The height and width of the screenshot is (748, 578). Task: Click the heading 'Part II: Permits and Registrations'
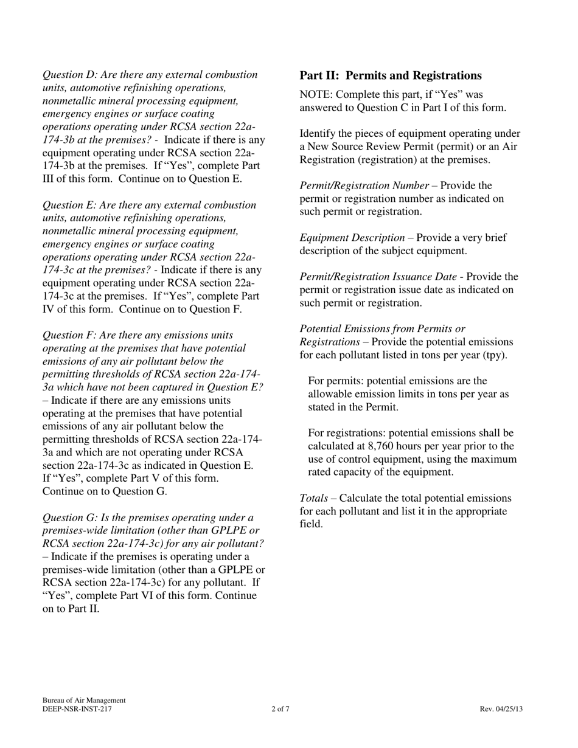click(x=391, y=75)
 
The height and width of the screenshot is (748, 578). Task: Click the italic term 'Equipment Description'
click(x=352, y=238)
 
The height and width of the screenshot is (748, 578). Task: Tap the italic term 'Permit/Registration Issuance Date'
click(x=378, y=277)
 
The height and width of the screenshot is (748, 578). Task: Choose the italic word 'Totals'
click(x=314, y=498)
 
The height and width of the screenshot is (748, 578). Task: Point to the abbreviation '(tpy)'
click(x=493, y=355)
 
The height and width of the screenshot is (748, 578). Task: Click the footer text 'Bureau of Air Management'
click(x=84, y=701)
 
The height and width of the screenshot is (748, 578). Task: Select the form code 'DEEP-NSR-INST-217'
click(x=77, y=708)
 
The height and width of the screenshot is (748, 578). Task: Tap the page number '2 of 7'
click(x=280, y=708)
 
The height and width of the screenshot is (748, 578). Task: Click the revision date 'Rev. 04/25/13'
click(x=501, y=708)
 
